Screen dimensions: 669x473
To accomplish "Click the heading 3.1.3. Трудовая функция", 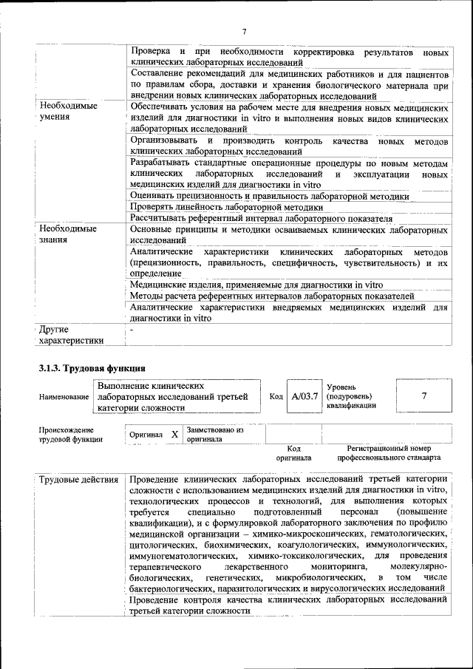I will click(x=92, y=368).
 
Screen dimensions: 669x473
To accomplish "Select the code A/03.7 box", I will click(x=304, y=397).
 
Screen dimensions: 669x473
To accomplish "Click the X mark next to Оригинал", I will click(x=174, y=435).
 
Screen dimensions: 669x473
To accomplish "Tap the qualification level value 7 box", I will click(x=423, y=396).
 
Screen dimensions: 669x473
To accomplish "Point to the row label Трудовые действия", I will click(x=79, y=480).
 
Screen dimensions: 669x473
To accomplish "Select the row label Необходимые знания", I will click(x=67, y=234).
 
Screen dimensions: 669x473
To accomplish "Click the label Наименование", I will click(x=64, y=398).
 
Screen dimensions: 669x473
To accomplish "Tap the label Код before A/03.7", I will click(x=276, y=397).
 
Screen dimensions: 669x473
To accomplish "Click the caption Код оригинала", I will click(x=293, y=452).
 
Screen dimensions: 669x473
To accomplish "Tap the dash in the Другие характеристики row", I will click(x=132, y=329).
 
